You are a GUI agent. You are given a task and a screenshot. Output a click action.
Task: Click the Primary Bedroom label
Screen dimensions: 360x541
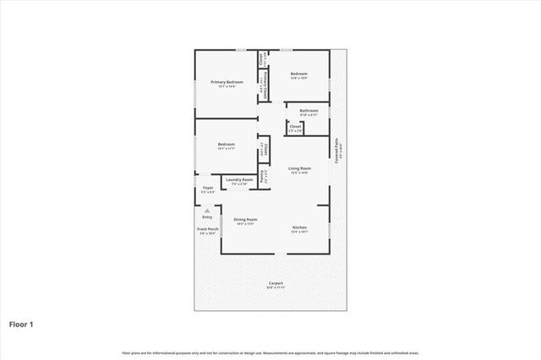pyautogui.click(x=227, y=81)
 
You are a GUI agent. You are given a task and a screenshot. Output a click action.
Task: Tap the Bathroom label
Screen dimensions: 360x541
pyautogui.click(x=309, y=110)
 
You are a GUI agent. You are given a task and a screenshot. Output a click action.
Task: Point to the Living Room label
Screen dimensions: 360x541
pyautogui.click(x=299, y=168)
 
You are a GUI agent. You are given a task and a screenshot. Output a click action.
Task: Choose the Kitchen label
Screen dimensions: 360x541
pyautogui.click(x=299, y=227)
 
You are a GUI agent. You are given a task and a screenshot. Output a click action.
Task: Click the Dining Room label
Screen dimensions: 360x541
pyautogui.click(x=246, y=219)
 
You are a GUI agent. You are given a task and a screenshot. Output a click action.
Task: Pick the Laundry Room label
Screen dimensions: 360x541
pyautogui.click(x=238, y=179)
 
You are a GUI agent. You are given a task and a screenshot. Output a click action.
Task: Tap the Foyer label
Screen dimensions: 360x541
pyautogui.click(x=207, y=188)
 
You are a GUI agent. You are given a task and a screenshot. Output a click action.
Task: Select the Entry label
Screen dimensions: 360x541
pyautogui.click(x=207, y=217)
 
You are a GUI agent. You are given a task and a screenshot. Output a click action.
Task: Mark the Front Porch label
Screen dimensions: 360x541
pyautogui.click(x=208, y=230)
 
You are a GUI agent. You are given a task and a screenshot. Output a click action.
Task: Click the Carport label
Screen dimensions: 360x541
pyautogui.click(x=276, y=282)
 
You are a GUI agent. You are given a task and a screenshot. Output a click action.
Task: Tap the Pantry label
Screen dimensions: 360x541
pyautogui.click(x=263, y=177)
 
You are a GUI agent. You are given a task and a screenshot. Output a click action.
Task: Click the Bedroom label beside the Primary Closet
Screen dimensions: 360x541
pyautogui.click(x=299, y=74)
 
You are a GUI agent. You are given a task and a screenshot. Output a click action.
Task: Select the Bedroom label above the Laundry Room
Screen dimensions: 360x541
pyautogui.click(x=226, y=145)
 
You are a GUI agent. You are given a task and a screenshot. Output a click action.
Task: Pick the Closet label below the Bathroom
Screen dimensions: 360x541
pyautogui.click(x=295, y=128)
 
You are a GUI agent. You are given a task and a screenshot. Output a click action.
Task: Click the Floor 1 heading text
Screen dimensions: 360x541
pyautogui.click(x=21, y=324)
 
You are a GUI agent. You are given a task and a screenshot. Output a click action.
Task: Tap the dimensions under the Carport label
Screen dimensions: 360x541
pyautogui.click(x=276, y=287)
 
